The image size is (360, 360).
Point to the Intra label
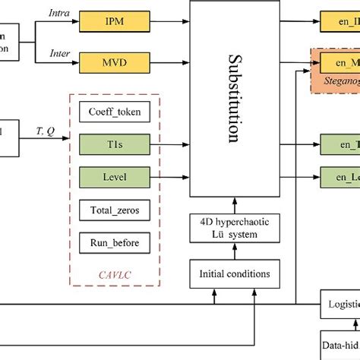[58, 13]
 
